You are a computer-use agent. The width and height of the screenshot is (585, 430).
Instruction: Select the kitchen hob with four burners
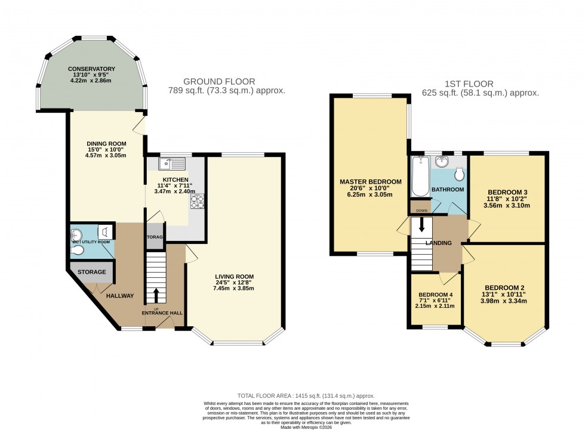point(197,203)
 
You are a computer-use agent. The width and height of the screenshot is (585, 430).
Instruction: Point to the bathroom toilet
point(459,174)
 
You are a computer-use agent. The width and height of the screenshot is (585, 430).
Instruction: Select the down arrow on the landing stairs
point(423,225)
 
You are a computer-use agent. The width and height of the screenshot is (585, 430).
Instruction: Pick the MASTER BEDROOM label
point(371,181)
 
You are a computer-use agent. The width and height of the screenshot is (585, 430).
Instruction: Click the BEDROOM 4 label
point(436,295)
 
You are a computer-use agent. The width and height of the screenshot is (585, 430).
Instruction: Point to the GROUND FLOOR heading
point(219,82)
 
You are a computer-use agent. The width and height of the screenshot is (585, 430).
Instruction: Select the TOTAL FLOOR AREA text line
point(306,395)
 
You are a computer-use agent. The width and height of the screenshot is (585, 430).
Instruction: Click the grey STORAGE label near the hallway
point(91,272)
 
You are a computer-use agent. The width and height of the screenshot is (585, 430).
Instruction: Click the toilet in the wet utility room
point(76,250)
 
